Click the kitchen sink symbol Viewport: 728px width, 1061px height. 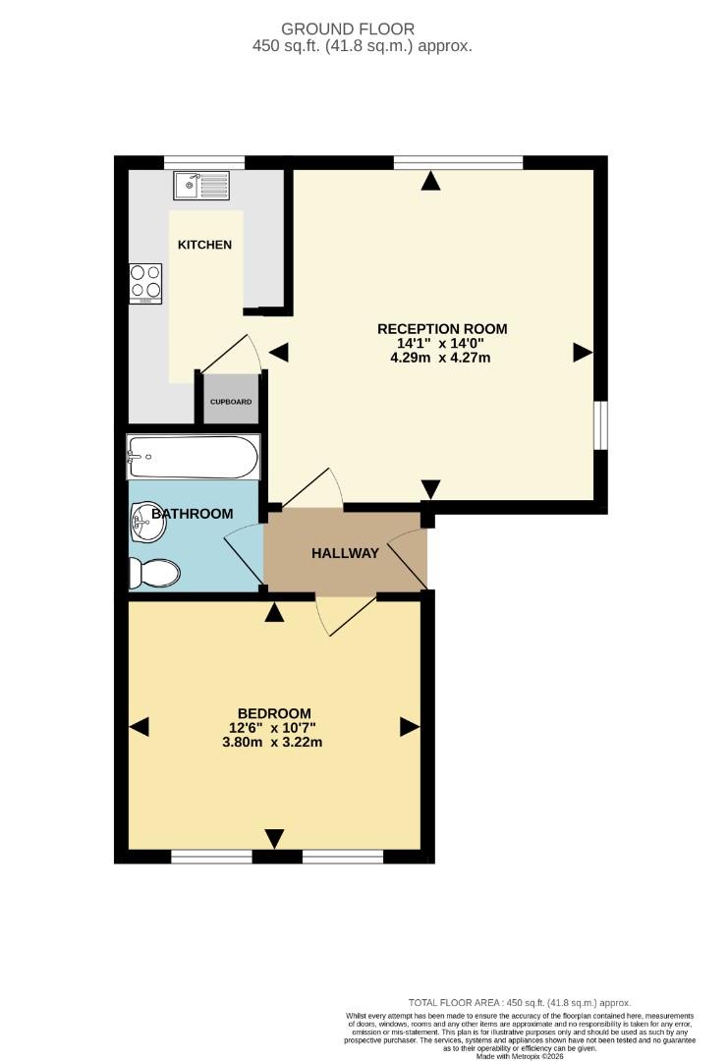[x=201, y=184]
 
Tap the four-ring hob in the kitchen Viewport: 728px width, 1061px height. [x=146, y=283]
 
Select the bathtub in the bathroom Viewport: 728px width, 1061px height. [x=193, y=457]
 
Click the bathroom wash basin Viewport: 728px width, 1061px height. [x=147, y=522]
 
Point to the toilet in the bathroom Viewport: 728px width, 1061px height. [x=154, y=572]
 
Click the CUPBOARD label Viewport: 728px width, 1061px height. [x=230, y=402]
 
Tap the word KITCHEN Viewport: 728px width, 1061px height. [x=204, y=245]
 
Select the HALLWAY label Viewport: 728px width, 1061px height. [x=345, y=553]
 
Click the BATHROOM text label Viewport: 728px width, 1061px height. [x=198, y=514]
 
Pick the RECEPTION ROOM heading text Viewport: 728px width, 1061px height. [x=443, y=328]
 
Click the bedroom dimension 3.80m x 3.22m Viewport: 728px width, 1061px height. [x=274, y=742]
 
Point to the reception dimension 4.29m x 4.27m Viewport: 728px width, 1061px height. [x=440, y=358]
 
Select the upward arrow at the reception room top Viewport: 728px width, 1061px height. [x=430, y=181]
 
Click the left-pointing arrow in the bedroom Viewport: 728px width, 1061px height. [x=140, y=727]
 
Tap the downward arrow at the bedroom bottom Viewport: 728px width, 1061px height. [x=274, y=838]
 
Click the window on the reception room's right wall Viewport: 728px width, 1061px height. [x=600, y=424]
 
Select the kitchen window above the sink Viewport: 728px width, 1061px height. [x=203, y=162]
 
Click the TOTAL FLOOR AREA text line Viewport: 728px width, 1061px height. [x=520, y=1002]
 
